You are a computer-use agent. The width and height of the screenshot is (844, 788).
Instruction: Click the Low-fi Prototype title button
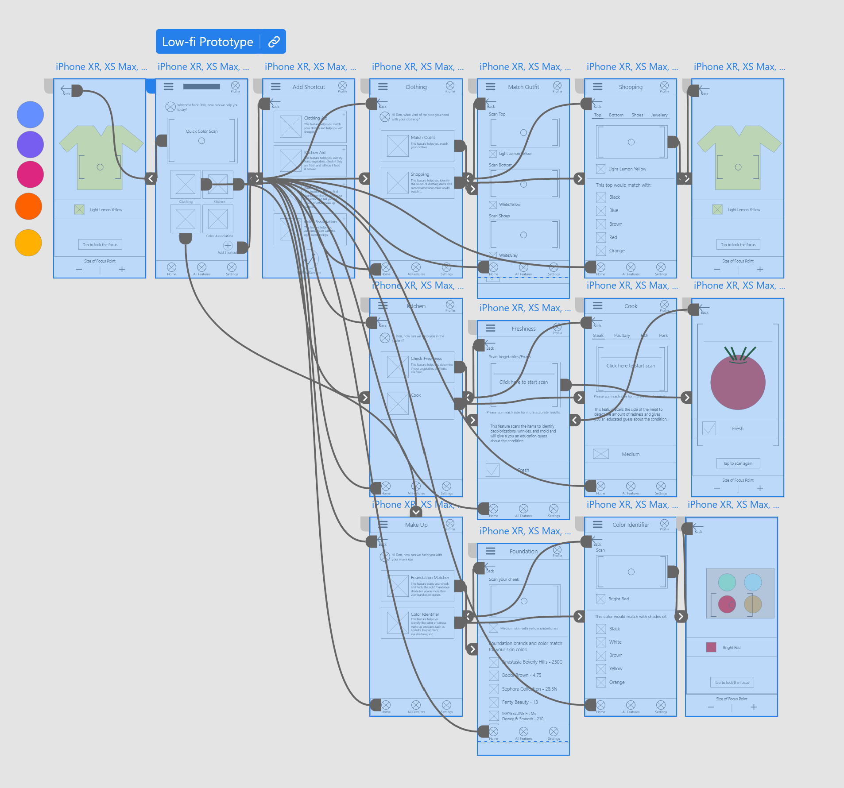point(207,42)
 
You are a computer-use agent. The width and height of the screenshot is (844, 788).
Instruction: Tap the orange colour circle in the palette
point(29,206)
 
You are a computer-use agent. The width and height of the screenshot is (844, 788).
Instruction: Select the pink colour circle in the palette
point(30,174)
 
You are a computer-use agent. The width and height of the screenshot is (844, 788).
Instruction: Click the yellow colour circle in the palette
point(28,243)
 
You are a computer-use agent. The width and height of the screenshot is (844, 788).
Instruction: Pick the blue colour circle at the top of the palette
point(30,114)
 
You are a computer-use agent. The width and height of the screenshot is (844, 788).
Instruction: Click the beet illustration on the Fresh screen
point(738,381)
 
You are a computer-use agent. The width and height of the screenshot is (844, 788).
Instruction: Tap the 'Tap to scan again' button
point(738,464)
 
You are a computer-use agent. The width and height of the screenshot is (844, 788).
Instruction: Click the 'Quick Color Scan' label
point(201,131)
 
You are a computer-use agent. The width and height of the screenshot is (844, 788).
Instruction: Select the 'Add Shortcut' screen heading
point(309,87)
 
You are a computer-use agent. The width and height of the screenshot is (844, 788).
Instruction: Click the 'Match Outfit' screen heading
point(523,87)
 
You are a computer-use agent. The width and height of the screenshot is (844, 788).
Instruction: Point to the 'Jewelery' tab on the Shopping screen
point(659,115)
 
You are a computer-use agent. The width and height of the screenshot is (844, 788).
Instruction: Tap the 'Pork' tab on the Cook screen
point(663,336)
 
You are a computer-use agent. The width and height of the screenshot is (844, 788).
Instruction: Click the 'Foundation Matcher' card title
point(430,578)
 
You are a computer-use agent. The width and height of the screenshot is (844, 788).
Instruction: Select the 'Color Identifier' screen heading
point(631,525)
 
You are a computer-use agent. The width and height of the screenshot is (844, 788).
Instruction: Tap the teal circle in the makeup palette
point(727,583)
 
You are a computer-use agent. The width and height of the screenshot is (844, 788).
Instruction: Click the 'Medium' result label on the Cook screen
point(631,454)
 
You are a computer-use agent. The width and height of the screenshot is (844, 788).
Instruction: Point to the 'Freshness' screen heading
point(523,329)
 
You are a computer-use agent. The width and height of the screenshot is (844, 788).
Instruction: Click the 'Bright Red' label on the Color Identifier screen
point(618,599)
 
